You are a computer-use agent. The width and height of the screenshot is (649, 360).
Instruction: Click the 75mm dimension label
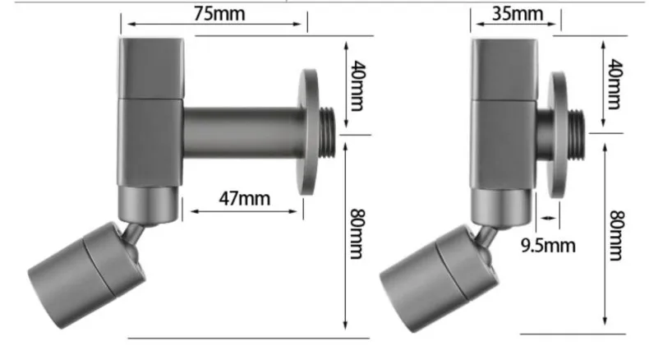219,14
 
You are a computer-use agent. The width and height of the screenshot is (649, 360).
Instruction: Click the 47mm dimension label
245,198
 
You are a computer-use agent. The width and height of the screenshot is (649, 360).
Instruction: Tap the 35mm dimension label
518,14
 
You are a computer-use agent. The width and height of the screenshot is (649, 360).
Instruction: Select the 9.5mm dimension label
548,246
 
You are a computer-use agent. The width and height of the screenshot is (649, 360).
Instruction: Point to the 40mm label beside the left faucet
357,85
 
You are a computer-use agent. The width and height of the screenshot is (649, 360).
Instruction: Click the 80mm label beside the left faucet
357,233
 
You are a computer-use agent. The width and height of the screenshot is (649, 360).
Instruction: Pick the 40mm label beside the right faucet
615,84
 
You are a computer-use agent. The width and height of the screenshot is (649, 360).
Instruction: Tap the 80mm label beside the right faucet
616,235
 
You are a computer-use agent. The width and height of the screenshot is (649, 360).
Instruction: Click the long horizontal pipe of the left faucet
243,132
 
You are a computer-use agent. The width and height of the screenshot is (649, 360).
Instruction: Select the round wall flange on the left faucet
309,132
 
